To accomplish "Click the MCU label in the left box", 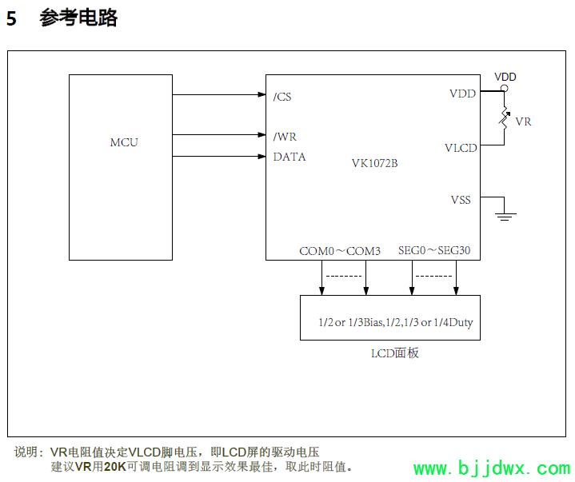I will pos(124,142).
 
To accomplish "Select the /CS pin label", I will pos(282,97).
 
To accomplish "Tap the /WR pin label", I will pos(285,137).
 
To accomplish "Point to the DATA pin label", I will pos(289,157).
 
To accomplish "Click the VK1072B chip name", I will pos(374,163).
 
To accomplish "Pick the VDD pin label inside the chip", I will pos(462,94).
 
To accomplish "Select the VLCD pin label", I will pos(461,148).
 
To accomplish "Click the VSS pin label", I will pos(461,200).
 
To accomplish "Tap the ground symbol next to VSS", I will pos(505,214).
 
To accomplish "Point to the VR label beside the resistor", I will pos(523,121).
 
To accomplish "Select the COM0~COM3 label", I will pos(340,251).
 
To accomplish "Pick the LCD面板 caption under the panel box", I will pos(395,353).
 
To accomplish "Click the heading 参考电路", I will pos(78,18).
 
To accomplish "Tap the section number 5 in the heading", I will pos(11,19).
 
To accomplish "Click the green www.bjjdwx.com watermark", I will pos(491,468).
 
